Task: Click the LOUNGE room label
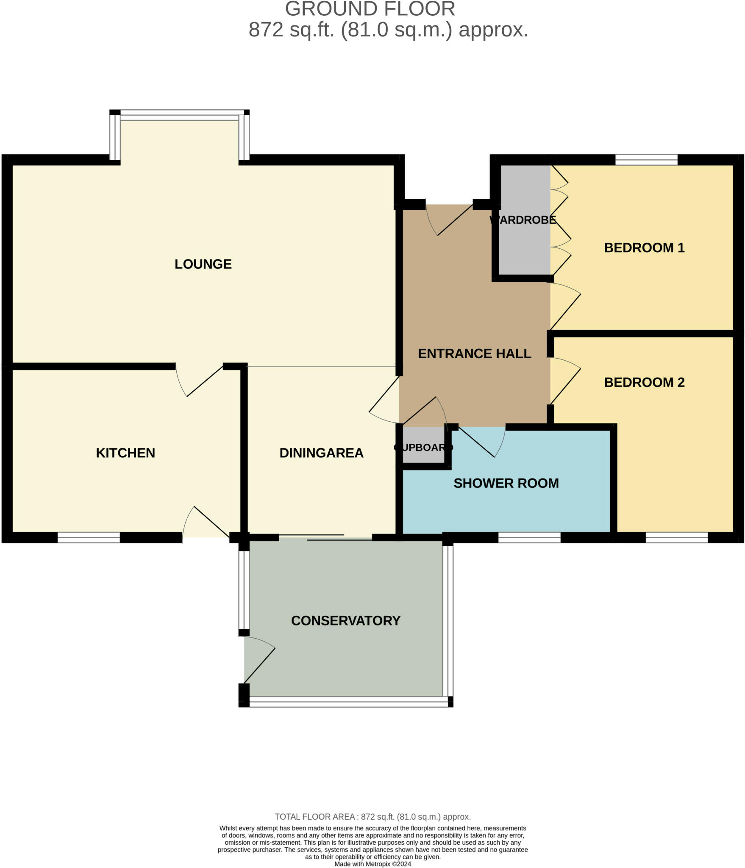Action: pyautogui.click(x=203, y=264)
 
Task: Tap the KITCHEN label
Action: pyautogui.click(x=125, y=453)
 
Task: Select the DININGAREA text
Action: pyautogui.click(x=321, y=453)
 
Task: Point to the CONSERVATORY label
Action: pyautogui.click(x=345, y=620)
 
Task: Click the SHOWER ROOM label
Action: pyautogui.click(x=506, y=483)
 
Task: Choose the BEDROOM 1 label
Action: pyautogui.click(x=644, y=248)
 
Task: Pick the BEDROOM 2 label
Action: pyautogui.click(x=644, y=382)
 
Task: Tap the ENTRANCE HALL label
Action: pyautogui.click(x=474, y=353)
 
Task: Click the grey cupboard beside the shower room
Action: pyautogui.click(x=423, y=445)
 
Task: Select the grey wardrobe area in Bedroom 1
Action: pyautogui.click(x=525, y=237)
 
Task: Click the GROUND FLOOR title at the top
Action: pyautogui.click(x=370, y=9)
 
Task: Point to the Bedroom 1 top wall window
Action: pyautogui.click(x=646, y=160)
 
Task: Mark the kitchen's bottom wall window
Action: pyautogui.click(x=89, y=537)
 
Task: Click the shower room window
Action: pyautogui.click(x=529, y=537)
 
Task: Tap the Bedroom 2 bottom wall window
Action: pyautogui.click(x=677, y=537)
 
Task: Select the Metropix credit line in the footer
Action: pyautogui.click(x=372, y=864)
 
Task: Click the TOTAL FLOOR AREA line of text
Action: pyautogui.click(x=372, y=817)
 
